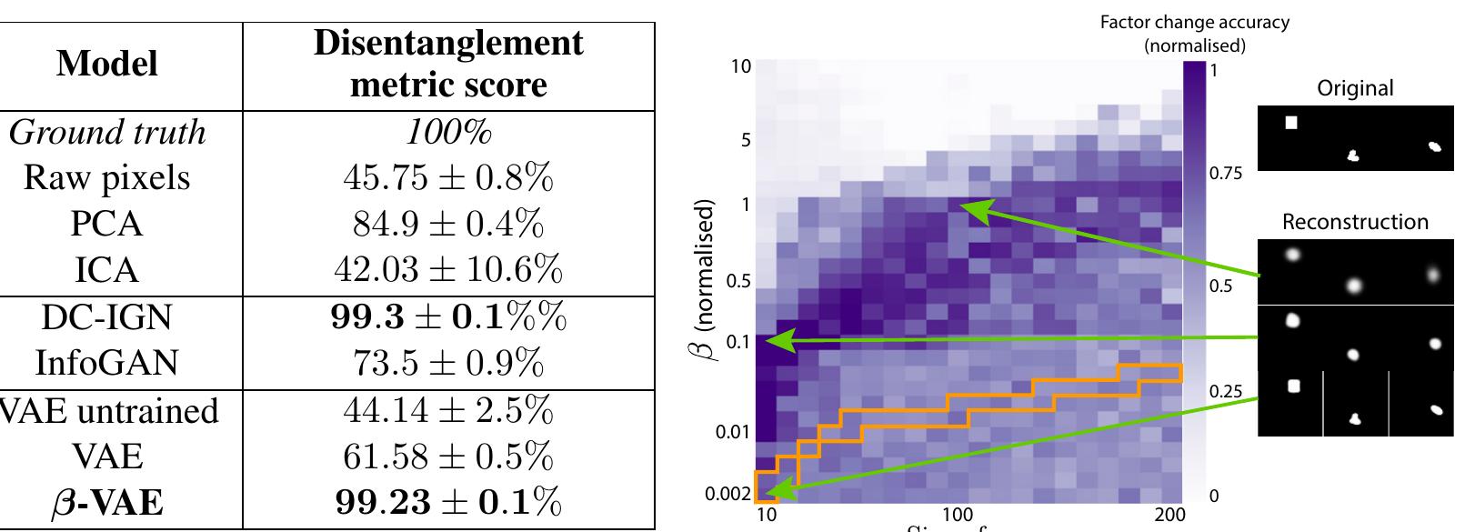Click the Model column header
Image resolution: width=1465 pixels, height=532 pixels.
coord(107,64)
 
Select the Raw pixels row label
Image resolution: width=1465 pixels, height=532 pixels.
coord(107,178)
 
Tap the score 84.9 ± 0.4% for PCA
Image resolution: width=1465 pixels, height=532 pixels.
coord(448,225)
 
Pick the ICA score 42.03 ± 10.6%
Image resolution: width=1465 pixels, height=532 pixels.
coord(448,271)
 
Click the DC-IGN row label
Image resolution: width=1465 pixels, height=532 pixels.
coord(107,317)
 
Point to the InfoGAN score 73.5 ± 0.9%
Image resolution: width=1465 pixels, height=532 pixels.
coord(448,364)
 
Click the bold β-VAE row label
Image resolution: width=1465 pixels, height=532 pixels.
coord(107,503)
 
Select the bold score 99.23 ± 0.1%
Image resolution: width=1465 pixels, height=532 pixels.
coord(448,503)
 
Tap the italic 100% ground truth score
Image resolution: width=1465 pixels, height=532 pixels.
coord(448,133)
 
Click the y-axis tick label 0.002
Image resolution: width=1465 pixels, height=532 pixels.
coord(727,496)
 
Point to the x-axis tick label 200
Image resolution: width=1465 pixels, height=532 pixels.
coord(1169,516)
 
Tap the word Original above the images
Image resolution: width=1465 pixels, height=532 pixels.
coord(1355,88)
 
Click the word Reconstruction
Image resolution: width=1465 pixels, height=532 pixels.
coord(1355,222)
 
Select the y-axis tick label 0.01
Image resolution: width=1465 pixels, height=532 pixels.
coord(732,429)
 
